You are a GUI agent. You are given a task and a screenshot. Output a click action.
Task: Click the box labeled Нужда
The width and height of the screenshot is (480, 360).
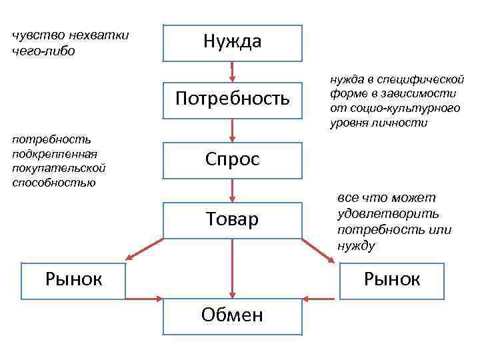pos(232,43)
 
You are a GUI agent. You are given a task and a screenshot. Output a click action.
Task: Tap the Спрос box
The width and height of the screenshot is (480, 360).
pos(232,160)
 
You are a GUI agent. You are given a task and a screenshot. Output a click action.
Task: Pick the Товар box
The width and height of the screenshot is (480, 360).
pos(232,219)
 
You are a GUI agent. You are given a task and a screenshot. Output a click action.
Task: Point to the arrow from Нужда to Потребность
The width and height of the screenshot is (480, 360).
pos(232,71)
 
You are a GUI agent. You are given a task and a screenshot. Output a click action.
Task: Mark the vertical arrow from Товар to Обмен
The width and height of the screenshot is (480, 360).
pos(232,267)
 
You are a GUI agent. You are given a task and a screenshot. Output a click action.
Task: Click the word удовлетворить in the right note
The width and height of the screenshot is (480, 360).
pos(388,214)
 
